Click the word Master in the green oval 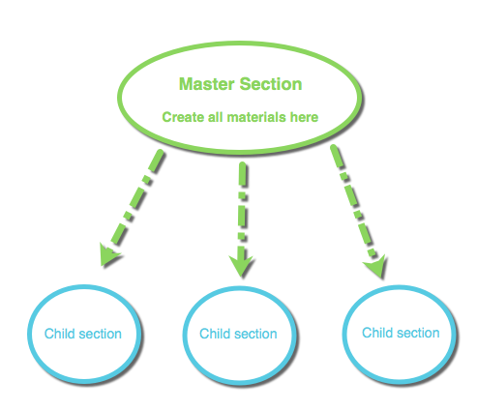(x=206, y=84)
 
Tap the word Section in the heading (x=271, y=84)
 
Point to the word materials (x=256, y=117)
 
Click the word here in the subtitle (x=304, y=117)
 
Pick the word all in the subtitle (x=216, y=117)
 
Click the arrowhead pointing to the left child (x=109, y=254)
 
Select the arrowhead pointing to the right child (x=376, y=267)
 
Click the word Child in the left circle (x=60, y=334)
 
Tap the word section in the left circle (x=101, y=334)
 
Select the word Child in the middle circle (x=215, y=334)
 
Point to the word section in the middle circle (x=255, y=334)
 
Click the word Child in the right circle (x=377, y=333)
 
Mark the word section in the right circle (x=418, y=333)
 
